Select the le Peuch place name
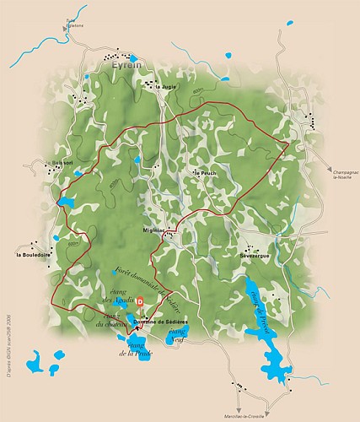coord(206,173)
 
